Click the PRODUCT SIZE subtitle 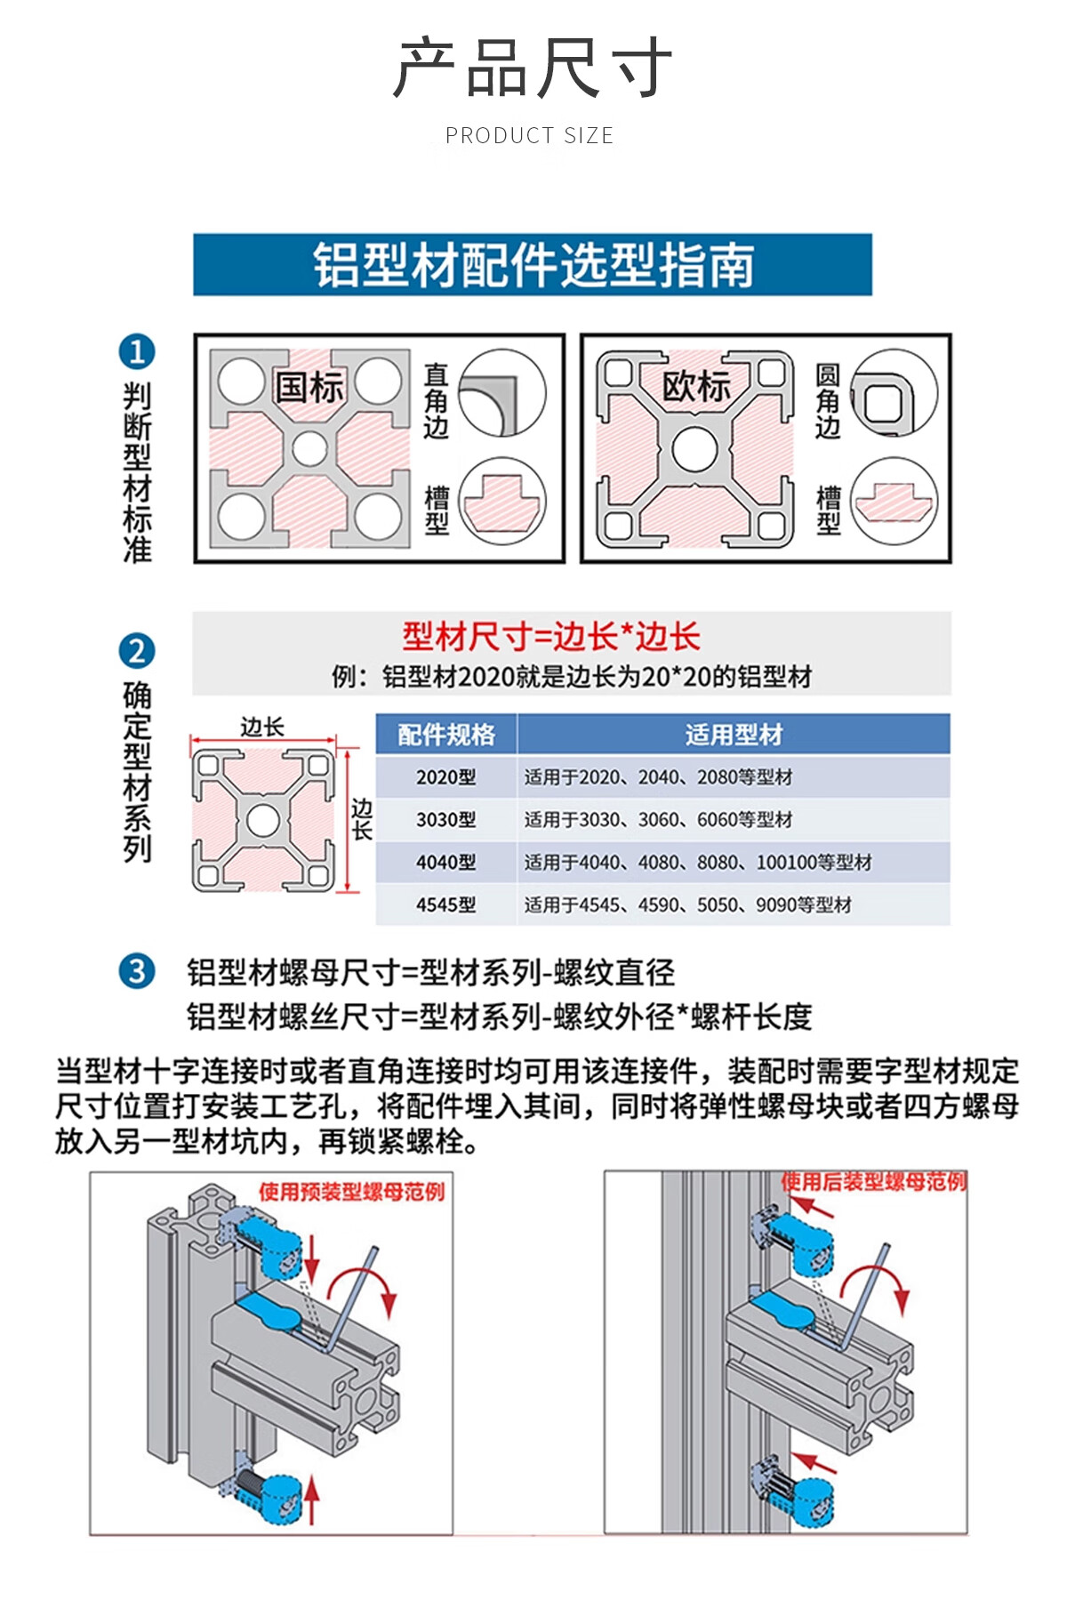pos(529,135)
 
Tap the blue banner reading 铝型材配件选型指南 pos(533,264)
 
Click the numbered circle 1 pos(137,351)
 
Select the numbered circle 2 pos(137,651)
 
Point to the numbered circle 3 pos(137,970)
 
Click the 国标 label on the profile pos(309,388)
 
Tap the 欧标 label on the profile pos(695,387)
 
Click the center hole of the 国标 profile pos(309,448)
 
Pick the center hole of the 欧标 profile pos(694,448)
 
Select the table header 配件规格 pos(445,735)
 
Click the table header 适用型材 pos(734,735)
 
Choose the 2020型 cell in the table pos(445,777)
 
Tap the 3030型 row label pos(445,820)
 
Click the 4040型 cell pos(445,863)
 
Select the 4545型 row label pos(445,905)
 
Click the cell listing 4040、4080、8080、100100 pos(698,863)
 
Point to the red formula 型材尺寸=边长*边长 pos(551,637)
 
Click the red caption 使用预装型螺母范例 pos(352,1192)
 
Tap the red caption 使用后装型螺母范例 pos(873,1182)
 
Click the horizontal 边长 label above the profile pos(262,727)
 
